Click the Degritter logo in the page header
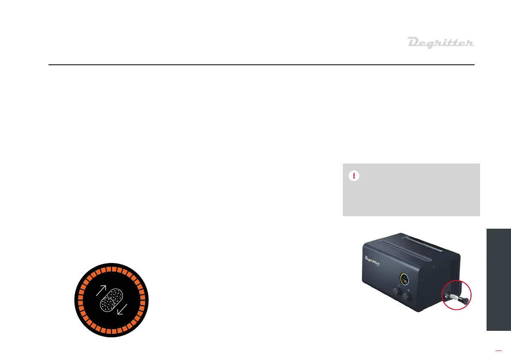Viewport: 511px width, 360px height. (440, 43)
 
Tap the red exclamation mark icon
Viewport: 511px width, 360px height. (354, 176)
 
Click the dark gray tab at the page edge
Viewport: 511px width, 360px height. (499, 279)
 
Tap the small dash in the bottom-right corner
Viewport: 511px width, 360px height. (498, 350)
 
